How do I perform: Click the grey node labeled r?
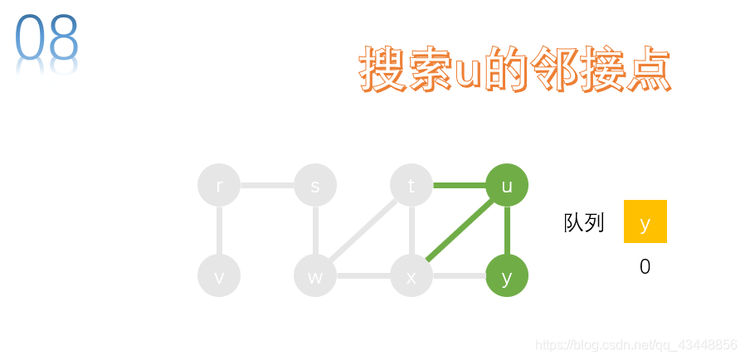coord(219,185)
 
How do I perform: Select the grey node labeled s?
coord(315,185)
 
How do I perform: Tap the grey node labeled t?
coord(411,185)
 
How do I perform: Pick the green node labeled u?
coord(507,185)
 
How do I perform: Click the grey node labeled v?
coord(219,275)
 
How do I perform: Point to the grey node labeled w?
coord(315,275)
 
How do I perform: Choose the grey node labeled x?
coord(411,275)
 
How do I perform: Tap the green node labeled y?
coord(507,275)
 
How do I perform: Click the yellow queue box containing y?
coord(645,221)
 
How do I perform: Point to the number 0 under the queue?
coord(645,267)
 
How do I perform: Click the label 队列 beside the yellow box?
coord(584,222)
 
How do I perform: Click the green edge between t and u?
coord(459,185)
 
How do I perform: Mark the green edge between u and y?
coord(507,231)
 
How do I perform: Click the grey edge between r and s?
coord(267,185)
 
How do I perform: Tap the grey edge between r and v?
coord(219,231)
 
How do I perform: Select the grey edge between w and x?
coord(363,275)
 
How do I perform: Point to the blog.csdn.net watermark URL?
coord(636,344)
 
